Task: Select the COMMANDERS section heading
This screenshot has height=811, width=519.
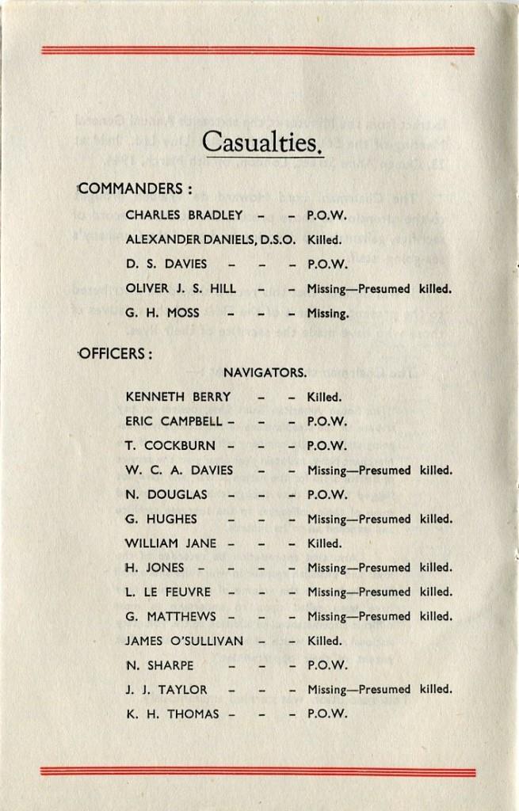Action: coord(135,189)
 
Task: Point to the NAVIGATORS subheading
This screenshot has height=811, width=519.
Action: coord(265,371)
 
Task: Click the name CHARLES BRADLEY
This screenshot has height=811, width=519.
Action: coord(184,215)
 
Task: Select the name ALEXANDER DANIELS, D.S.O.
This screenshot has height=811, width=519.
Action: coord(211,239)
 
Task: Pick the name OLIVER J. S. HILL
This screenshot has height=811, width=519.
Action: coord(181,288)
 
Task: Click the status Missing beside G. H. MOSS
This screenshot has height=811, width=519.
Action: coord(327,314)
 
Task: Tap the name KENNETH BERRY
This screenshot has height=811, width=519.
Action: coord(177,396)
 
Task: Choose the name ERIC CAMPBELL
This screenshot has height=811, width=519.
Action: coord(174,421)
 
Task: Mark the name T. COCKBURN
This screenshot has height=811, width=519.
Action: coord(169,445)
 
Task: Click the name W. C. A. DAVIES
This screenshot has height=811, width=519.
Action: coord(179,470)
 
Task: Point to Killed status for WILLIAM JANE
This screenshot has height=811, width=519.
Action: coord(324,543)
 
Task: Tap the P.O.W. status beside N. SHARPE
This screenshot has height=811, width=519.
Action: coord(327,665)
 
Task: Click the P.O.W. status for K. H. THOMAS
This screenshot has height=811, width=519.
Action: coord(327,714)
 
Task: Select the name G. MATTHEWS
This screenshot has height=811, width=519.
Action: coord(169,616)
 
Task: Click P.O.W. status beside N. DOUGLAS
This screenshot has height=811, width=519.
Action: coord(327,494)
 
